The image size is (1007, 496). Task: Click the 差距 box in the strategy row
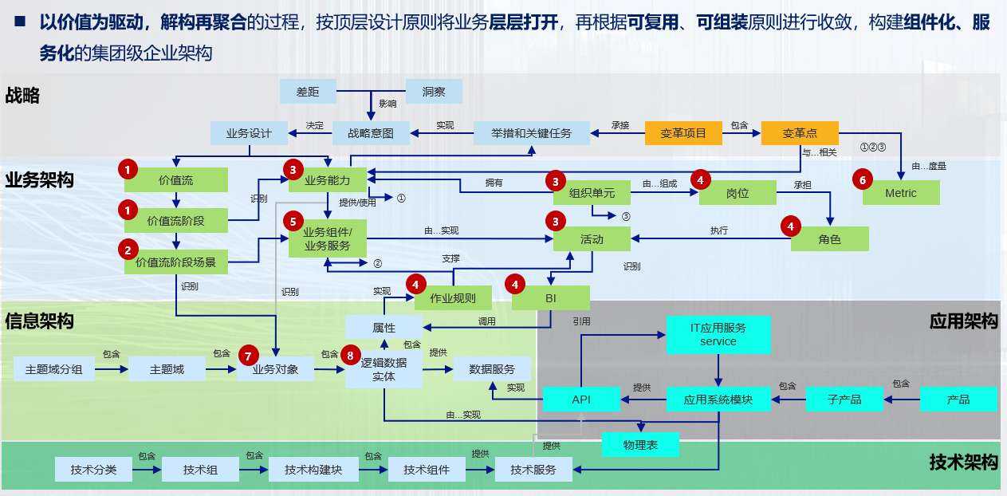308,92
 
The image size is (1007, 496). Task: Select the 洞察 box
434,92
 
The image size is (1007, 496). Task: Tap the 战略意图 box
371,133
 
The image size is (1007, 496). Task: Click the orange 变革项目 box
683,133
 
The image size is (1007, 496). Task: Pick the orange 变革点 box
800,133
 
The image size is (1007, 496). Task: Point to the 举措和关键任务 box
532,133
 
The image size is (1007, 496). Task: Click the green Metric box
901,193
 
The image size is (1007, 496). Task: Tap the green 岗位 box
738,193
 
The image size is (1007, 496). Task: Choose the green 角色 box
829,239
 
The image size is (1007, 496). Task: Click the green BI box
550,298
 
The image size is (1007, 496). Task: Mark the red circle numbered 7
249,356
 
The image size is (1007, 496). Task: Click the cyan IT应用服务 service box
718,334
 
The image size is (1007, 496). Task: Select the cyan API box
581,399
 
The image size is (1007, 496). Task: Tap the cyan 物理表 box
640,444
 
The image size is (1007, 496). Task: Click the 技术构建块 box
313,470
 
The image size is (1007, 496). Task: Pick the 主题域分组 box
54,369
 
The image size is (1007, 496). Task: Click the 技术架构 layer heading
963,463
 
